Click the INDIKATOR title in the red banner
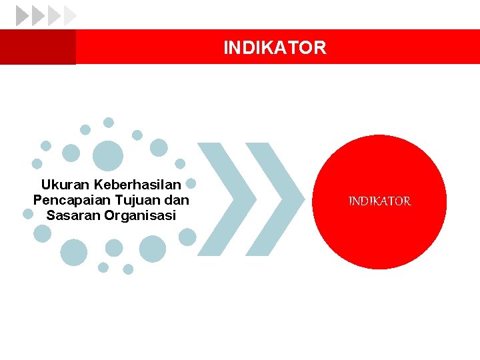[275, 48]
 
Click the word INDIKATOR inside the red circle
[379, 201]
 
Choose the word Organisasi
[139, 215]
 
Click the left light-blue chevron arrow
[227, 199]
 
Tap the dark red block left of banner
[38, 47]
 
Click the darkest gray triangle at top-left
[22, 15]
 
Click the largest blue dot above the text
[107, 156]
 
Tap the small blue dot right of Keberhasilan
[190, 183]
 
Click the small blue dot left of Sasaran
[29, 214]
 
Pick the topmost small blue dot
[109, 123]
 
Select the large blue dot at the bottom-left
[73, 252]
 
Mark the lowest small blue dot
[128, 269]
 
